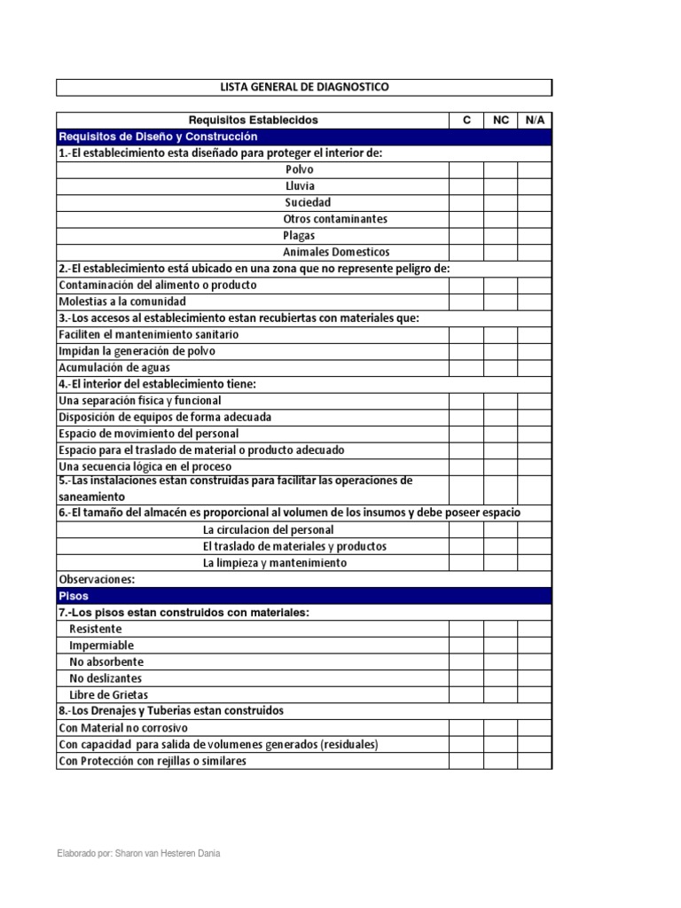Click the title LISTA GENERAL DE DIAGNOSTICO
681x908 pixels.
(304, 87)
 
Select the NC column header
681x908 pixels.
(501, 120)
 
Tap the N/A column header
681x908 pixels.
(535, 120)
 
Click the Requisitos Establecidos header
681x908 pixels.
(253, 120)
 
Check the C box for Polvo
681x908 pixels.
(466, 169)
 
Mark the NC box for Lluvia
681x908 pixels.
(501, 186)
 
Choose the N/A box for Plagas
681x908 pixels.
(535, 236)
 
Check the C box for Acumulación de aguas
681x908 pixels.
(466, 368)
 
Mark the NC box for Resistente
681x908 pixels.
(501, 629)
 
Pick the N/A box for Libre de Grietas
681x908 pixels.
(535, 694)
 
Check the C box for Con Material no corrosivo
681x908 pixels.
(466, 728)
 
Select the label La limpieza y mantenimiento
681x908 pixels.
(275, 563)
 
